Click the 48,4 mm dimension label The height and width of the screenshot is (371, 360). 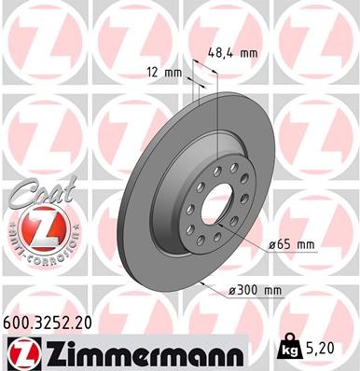click(x=232, y=53)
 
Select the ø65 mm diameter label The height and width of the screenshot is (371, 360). click(x=293, y=243)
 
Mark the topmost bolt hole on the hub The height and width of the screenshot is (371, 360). click(x=218, y=170)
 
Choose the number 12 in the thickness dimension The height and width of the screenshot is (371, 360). click(x=151, y=72)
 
